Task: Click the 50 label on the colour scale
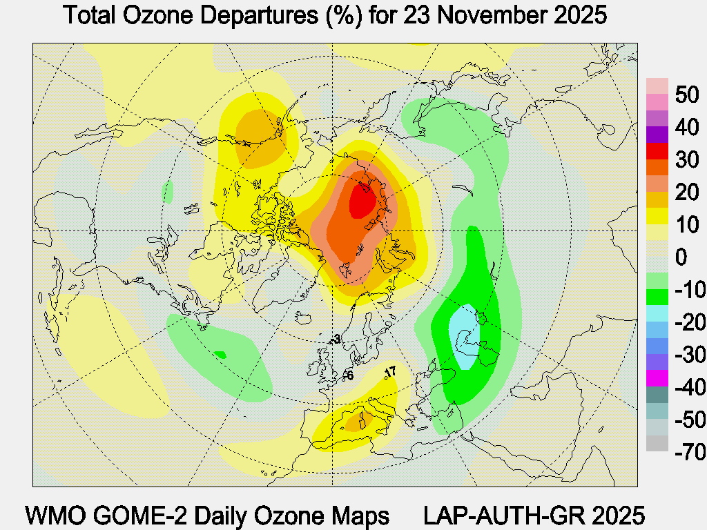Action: point(687,95)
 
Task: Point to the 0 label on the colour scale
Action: point(681,257)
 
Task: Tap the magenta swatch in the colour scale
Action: point(657,378)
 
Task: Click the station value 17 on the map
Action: point(390,373)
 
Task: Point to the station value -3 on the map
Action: point(336,339)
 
